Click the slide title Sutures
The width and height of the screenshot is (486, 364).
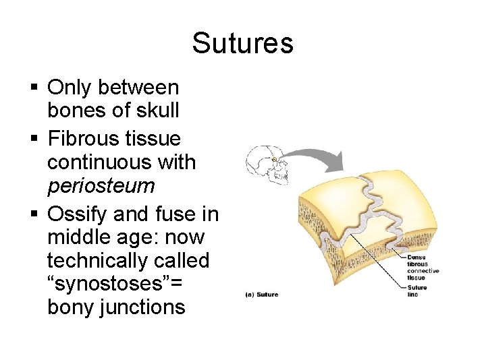tap(242, 43)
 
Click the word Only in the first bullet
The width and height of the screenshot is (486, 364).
tap(70, 88)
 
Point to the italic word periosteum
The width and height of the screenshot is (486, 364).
tap(101, 185)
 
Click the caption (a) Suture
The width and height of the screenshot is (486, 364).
tap(262, 295)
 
